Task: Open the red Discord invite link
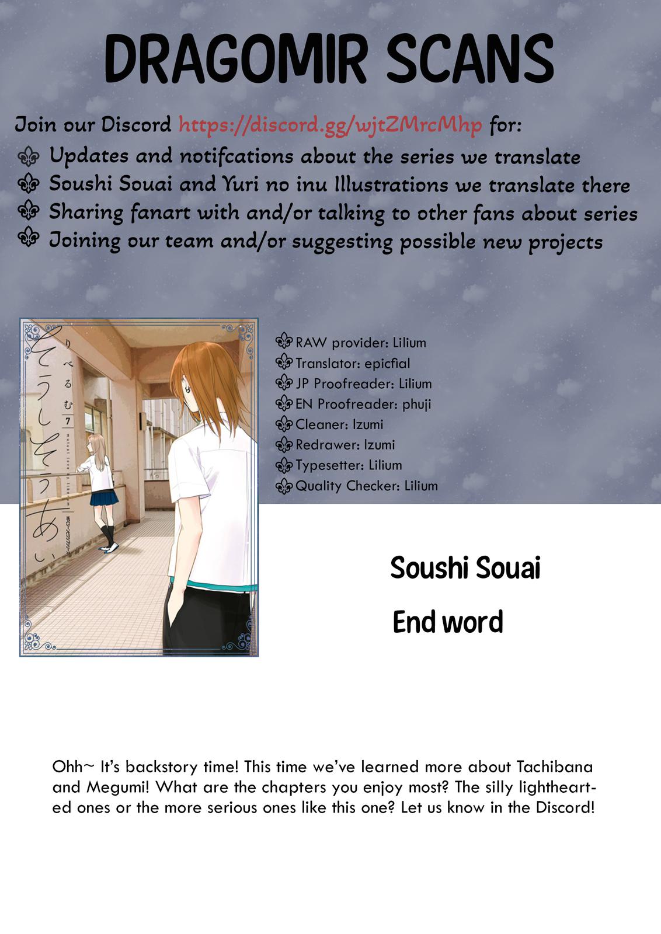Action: coord(330,125)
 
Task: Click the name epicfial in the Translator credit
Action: coord(387,364)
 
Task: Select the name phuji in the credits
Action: coord(416,405)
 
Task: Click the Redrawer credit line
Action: coord(345,445)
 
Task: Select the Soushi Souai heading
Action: coord(465,568)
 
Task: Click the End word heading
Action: coord(448,622)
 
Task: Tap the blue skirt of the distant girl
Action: coord(103,497)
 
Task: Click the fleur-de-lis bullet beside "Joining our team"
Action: coord(28,239)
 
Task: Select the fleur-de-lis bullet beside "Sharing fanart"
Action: coord(28,211)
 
